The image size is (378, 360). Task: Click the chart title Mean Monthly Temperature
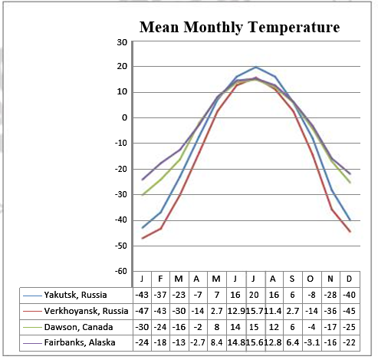[238, 28]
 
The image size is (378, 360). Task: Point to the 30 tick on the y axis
[121, 41]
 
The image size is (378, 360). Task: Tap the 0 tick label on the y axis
[123, 117]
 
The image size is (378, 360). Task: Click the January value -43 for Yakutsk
[141, 295]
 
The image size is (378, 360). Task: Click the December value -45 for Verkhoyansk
[350, 311]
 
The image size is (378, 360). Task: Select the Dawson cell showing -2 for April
[198, 327]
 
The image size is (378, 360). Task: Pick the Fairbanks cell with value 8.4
[217, 343]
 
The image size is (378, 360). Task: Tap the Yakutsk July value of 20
[255, 295]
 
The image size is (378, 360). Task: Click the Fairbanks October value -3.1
[312, 343]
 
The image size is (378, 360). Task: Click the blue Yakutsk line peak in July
[256, 68]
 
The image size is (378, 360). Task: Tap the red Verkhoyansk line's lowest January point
[143, 238]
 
